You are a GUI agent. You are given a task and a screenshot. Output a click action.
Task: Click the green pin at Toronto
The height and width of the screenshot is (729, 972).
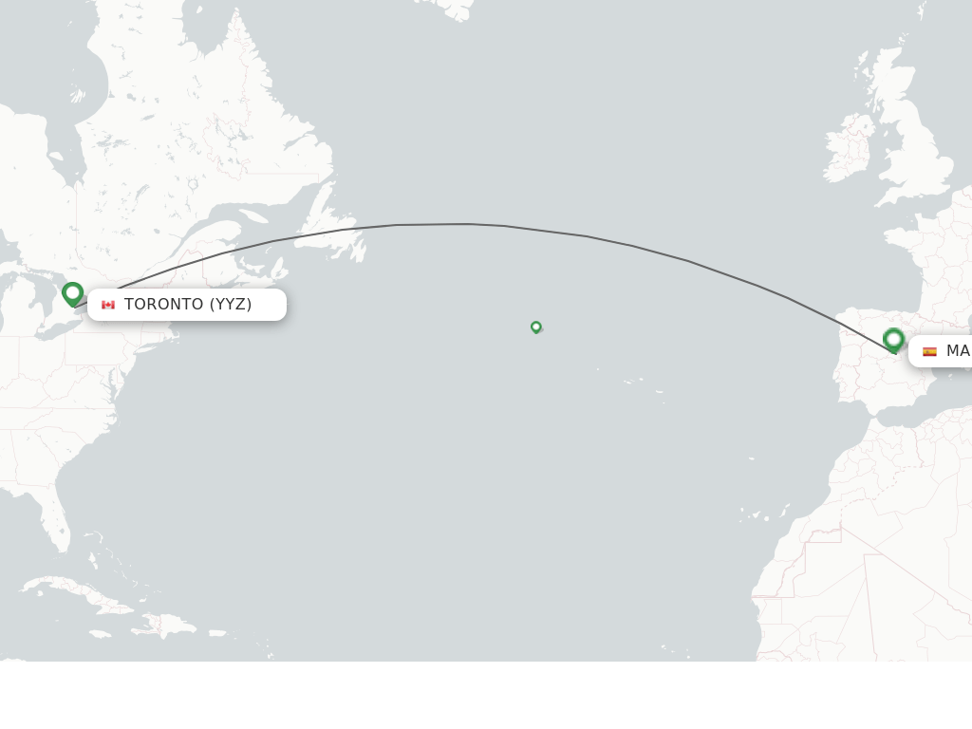click(x=73, y=293)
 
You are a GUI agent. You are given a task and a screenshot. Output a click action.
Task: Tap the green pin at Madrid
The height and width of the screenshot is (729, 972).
click(x=893, y=339)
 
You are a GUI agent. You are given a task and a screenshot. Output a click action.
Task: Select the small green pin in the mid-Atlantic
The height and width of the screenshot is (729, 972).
click(x=536, y=327)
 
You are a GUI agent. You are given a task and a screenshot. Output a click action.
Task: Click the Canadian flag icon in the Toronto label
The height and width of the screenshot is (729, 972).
click(x=108, y=305)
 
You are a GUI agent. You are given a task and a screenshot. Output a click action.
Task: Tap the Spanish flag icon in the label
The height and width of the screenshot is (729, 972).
click(x=929, y=351)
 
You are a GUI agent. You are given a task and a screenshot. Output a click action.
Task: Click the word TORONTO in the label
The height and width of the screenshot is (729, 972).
click(x=164, y=305)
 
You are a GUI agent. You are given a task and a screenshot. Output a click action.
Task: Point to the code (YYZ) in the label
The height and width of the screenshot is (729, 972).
click(x=231, y=305)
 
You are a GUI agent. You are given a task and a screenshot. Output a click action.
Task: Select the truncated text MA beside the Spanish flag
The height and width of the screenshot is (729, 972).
click(x=957, y=351)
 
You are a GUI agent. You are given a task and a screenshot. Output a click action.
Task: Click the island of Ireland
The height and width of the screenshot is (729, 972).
click(x=849, y=151)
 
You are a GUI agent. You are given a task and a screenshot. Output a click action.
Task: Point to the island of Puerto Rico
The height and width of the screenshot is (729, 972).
click(x=217, y=633)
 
